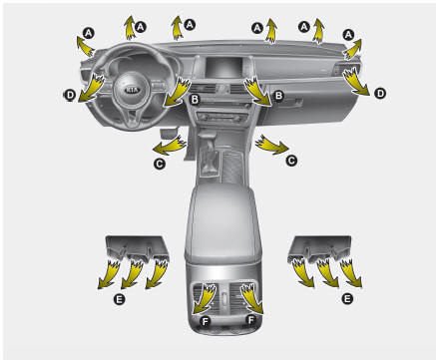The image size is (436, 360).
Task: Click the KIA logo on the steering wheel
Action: (x=132, y=90)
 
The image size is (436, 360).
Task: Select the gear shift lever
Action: (x=210, y=152)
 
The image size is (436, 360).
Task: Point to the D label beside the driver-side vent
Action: (x=70, y=96)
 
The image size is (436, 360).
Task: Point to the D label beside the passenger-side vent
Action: (x=380, y=94)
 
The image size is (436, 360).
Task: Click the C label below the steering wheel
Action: (x=160, y=164)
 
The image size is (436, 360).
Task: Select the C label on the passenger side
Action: (x=291, y=161)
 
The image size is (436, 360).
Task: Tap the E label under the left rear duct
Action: (x=119, y=299)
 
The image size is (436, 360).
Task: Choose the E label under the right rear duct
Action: (x=347, y=299)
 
